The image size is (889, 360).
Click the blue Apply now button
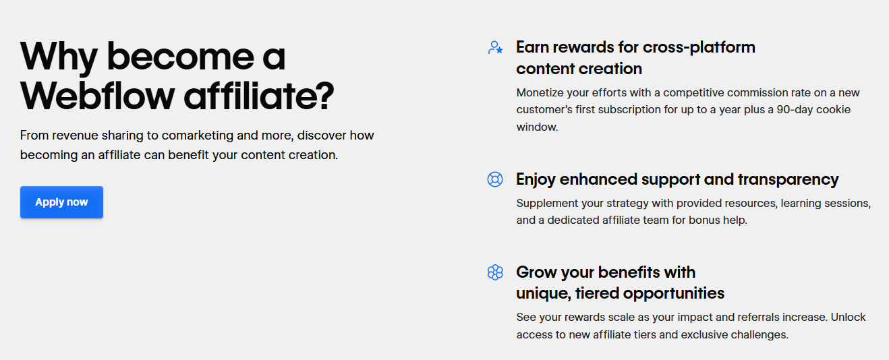click(x=61, y=202)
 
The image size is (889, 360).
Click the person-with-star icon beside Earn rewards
click(x=495, y=48)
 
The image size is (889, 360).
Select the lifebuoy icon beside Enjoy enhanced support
click(x=495, y=179)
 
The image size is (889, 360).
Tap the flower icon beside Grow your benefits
click(x=495, y=272)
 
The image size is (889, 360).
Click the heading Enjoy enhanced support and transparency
click(x=677, y=179)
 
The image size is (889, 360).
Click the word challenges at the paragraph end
click(x=758, y=334)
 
